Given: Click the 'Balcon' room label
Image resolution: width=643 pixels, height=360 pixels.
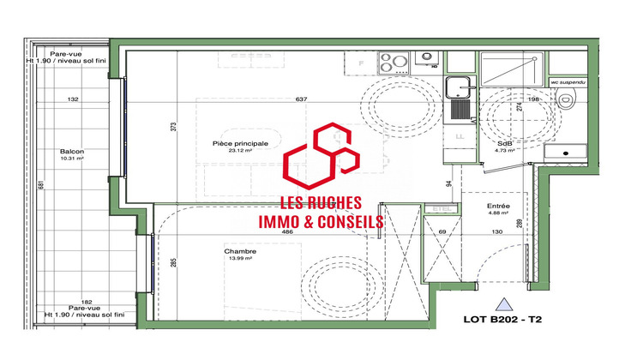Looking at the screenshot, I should pos(72,151).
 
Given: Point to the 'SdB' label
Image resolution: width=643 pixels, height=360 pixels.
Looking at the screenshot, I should pos(506,143).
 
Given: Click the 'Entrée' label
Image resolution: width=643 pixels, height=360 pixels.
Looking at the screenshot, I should pos(499,206).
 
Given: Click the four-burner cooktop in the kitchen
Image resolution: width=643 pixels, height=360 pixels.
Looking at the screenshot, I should pos(394,62).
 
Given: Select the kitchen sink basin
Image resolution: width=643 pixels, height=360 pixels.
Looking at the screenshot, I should pos(458,85).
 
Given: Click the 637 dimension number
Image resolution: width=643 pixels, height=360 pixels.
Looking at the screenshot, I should pos(300,99).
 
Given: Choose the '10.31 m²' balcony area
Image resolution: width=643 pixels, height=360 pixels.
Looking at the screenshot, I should pos(72,159).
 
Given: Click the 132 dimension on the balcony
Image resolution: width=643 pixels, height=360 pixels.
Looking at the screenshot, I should pos(73,99).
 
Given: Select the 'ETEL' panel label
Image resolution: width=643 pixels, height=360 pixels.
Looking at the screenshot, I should pos(442,207).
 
